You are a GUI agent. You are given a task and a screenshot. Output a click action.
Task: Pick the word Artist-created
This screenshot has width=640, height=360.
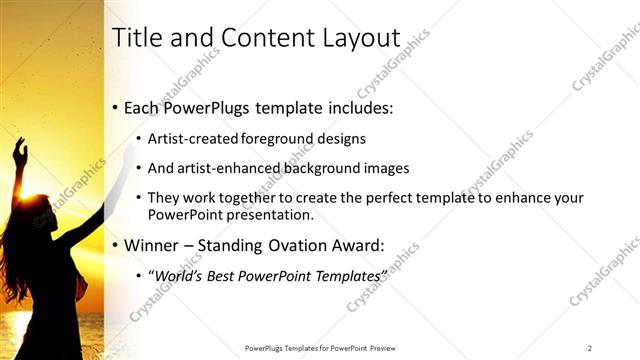(190, 139)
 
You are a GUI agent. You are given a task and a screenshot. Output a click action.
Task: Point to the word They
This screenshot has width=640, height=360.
(163, 198)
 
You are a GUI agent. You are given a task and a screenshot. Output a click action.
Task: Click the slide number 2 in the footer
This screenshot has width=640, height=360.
(590, 348)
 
